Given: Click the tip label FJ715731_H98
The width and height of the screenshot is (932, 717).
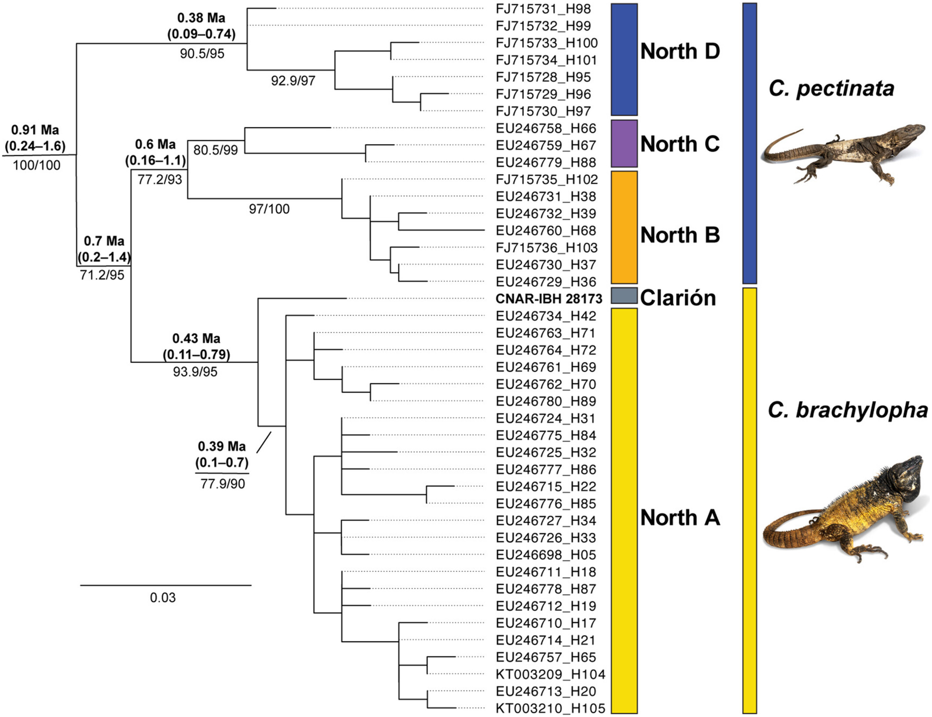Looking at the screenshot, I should pyautogui.click(x=543, y=9).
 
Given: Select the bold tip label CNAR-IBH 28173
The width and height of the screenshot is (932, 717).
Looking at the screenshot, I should pyautogui.click(x=549, y=299).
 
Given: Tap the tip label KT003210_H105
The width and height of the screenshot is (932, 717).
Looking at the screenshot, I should pyautogui.click(x=551, y=708).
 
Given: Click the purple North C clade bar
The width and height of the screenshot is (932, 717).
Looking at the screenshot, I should pyautogui.click(x=624, y=144).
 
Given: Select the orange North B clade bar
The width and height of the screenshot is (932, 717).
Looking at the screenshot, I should pyautogui.click(x=624, y=227).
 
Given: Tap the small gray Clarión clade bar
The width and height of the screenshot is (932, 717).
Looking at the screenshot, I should pyautogui.click(x=624, y=295).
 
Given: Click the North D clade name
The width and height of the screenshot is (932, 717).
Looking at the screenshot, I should pyautogui.click(x=680, y=52).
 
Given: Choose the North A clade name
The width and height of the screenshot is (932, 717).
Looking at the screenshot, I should pyautogui.click(x=680, y=518).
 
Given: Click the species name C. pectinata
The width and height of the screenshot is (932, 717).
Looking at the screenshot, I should pyautogui.click(x=831, y=89).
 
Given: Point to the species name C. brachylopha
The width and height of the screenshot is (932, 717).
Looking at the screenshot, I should pyautogui.click(x=847, y=410).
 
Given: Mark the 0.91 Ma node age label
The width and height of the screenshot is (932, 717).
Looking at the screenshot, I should pyautogui.click(x=35, y=130).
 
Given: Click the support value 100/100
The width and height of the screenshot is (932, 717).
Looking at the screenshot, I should pyautogui.click(x=37, y=165).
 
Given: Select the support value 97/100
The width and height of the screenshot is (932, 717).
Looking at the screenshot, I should pyautogui.click(x=269, y=209).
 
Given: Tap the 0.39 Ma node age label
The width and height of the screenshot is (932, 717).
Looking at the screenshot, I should pyautogui.click(x=222, y=446).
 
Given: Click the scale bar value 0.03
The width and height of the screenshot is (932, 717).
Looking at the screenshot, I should pyautogui.click(x=162, y=598).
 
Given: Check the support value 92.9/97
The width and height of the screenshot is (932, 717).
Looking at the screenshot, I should pyautogui.click(x=293, y=81).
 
